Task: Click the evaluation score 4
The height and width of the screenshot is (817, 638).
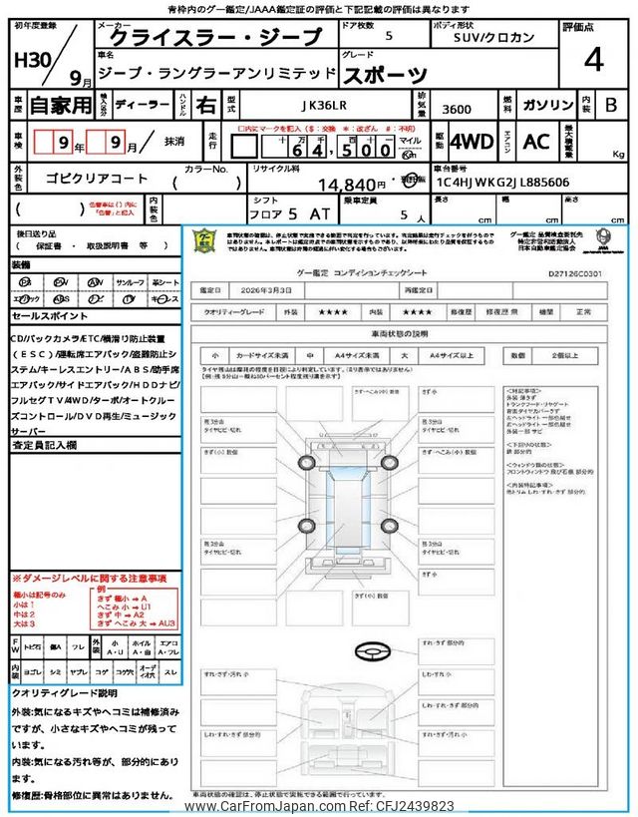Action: click(x=594, y=61)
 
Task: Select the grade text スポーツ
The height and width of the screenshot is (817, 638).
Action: click(x=386, y=73)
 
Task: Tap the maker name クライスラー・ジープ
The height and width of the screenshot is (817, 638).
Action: click(x=215, y=38)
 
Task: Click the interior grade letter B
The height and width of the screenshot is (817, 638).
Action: click(x=611, y=103)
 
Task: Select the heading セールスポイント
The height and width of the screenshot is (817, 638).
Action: click(x=51, y=315)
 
